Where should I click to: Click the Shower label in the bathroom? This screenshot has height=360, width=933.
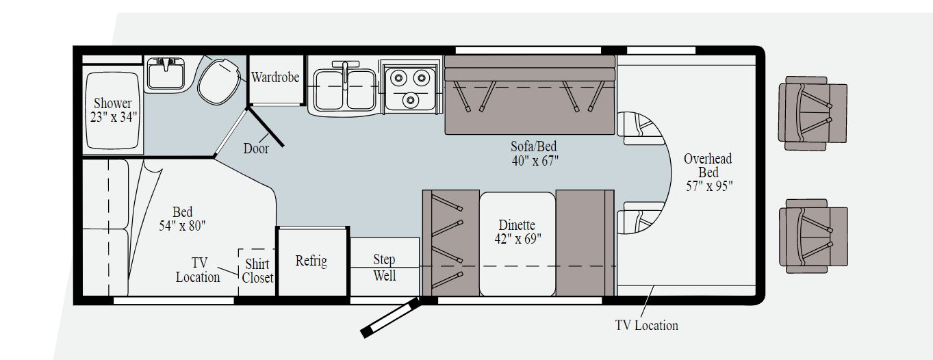pyautogui.click(x=113, y=103)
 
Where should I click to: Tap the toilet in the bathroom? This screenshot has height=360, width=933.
pyautogui.click(x=218, y=80)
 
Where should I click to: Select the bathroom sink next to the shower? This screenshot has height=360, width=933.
pyautogui.click(x=166, y=73)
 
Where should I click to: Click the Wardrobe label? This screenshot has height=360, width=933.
pyautogui.click(x=275, y=77)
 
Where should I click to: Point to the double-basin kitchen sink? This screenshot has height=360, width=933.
pyautogui.click(x=345, y=87)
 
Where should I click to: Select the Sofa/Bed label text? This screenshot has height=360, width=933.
pyautogui.click(x=535, y=146)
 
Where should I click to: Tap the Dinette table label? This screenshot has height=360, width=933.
pyautogui.click(x=517, y=225)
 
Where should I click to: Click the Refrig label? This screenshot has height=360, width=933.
pyautogui.click(x=311, y=261)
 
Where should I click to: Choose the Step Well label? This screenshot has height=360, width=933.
pyautogui.click(x=384, y=267)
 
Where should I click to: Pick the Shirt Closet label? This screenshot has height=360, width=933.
pyautogui.click(x=257, y=271)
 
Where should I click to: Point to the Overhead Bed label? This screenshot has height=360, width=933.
pyautogui.click(x=708, y=166)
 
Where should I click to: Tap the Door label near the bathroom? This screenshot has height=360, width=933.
pyautogui.click(x=256, y=149)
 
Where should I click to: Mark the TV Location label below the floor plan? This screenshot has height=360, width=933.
pyautogui.click(x=646, y=326)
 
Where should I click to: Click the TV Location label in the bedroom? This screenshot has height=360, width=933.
pyautogui.click(x=198, y=270)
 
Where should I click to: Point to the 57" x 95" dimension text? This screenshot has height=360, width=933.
pyautogui.click(x=709, y=186)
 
